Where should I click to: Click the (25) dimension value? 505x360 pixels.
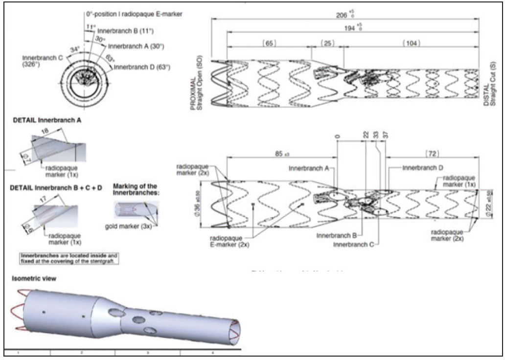click(327, 43)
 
